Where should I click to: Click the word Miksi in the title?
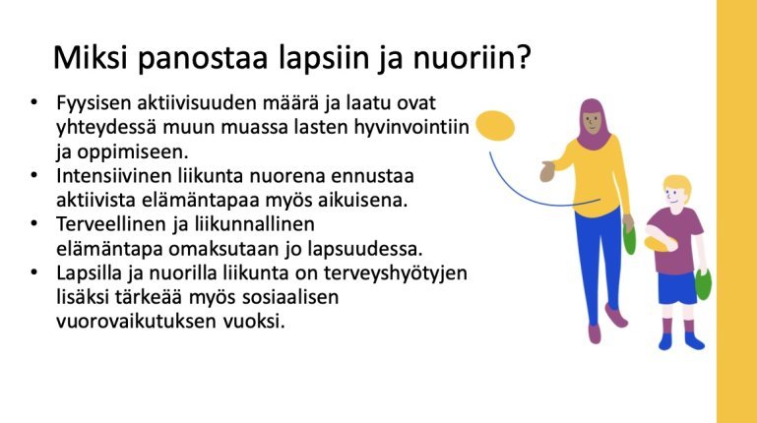tap(91, 58)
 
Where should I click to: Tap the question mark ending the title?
tap(524, 57)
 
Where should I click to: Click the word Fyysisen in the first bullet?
tap(94, 103)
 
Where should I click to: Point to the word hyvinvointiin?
tap(411, 128)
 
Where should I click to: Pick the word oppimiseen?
tap(133, 152)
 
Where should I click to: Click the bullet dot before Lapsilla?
tap(33, 272)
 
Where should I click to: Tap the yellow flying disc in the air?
tap(495, 125)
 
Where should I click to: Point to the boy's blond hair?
tap(678, 185)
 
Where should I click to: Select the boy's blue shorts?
tap(677, 288)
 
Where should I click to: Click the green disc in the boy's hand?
tap(704, 284)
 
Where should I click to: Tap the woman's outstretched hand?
tap(547, 171)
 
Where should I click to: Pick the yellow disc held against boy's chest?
tap(659, 244)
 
